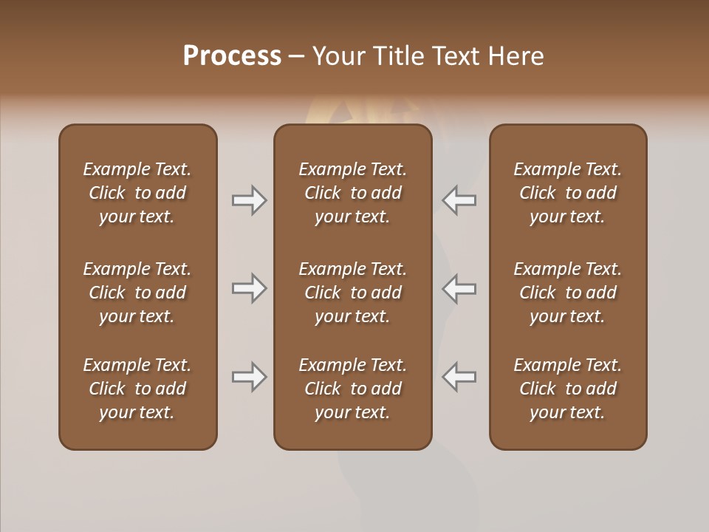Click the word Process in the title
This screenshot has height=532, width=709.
(x=232, y=56)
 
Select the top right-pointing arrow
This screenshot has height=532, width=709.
(x=249, y=199)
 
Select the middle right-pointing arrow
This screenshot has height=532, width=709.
(x=249, y=288)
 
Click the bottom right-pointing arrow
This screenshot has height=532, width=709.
(x=249, y=377)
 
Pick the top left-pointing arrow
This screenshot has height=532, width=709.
(x=459, y=199)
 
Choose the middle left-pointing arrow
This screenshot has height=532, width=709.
(x=459, y=288)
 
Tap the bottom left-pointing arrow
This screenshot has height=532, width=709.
(x=459, y=377)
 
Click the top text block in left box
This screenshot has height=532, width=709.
(x=137, y=193)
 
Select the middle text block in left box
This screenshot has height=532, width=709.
(x=137, y=293)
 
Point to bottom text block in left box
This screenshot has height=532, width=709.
(x=137, y=389)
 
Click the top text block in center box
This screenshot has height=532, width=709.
(x=352, y=193)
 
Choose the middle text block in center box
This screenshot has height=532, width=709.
(x=352, y=293)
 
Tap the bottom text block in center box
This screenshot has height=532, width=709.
(x=352, y=389)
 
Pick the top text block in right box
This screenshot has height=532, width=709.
(x=567, y=193)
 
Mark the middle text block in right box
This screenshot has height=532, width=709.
(x=567, y=293)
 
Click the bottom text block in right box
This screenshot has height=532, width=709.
(x=567, y=389)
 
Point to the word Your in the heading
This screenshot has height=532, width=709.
(x=337, y=56)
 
